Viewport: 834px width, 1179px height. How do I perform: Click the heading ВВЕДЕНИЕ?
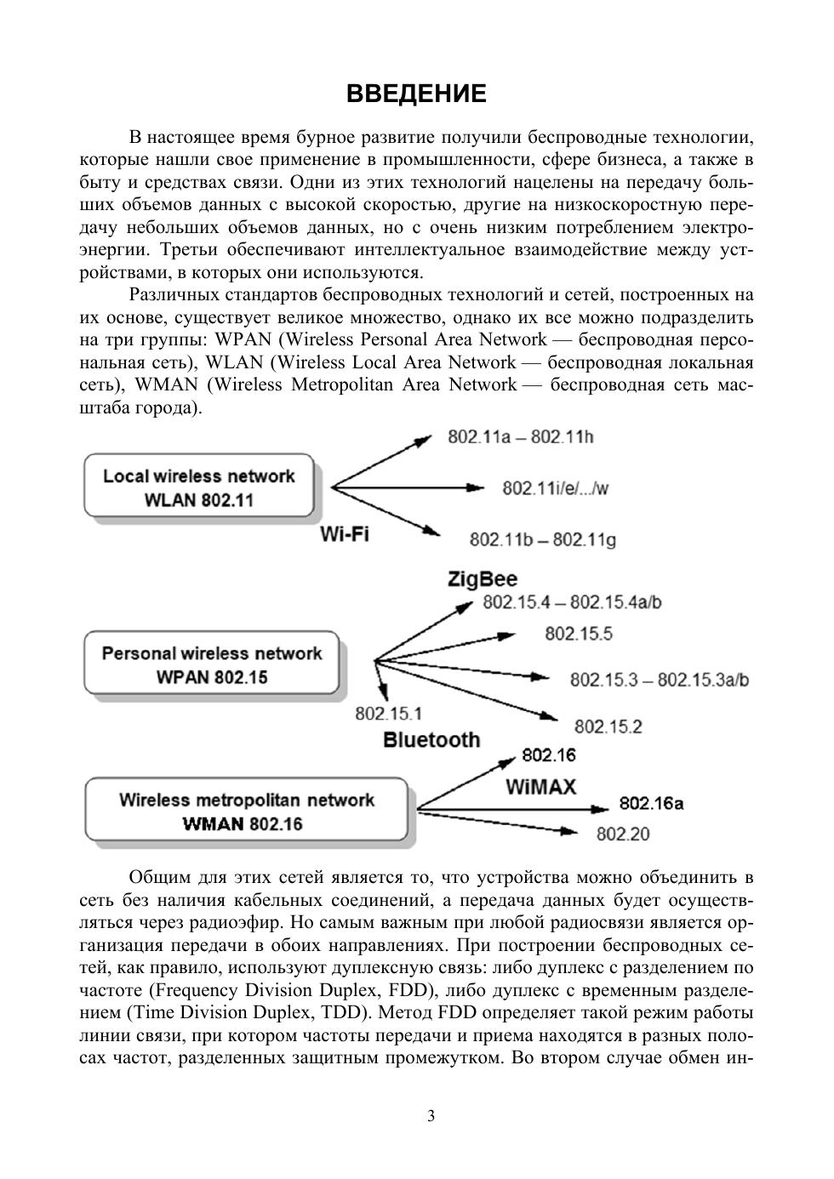[x=416, y=94]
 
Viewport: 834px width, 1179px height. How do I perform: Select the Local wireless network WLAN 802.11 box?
[x=198, y=487]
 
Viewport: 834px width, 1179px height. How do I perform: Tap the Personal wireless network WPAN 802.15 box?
[x=211, y=665]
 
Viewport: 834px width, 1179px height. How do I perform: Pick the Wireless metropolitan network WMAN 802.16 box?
[x=246, y=812]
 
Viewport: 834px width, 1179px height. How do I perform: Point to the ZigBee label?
[x=482, y=580]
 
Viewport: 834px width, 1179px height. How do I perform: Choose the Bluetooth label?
[x=431, y=740]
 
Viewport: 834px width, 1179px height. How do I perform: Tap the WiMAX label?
[x=540, y=787]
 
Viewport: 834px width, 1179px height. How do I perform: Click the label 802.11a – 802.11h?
[x=520, y=437]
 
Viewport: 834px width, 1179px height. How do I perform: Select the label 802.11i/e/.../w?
[x=556, y=488]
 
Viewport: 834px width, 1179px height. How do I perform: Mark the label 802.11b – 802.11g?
[x=542, y=540]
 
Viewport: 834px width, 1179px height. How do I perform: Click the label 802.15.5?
[x=578, y=634]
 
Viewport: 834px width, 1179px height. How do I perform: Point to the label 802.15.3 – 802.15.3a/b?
[x=660, y=680]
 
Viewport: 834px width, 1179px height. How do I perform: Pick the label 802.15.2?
[x=608, y=726]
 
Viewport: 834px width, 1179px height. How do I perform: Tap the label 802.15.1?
[x=388, y=714]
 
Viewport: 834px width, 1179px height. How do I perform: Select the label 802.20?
[x=622, y=834]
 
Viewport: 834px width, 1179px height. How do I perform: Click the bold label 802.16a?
[x=651, y=804]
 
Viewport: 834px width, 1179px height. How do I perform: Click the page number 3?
[x=431, y=1116]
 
